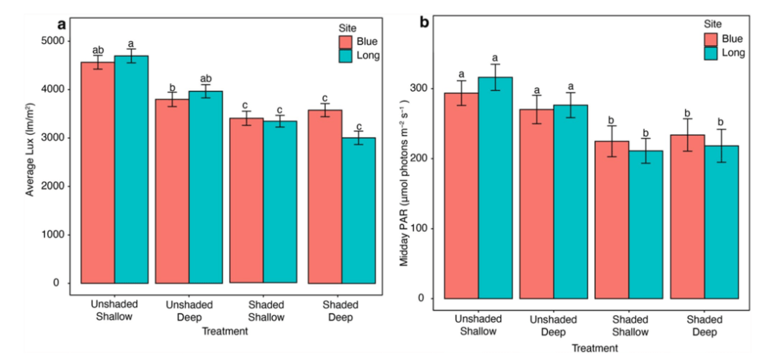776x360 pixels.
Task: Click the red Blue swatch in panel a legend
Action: pos(347,41)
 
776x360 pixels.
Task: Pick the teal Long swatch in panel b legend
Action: pos(712,53)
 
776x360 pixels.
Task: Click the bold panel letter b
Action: pos(424,23)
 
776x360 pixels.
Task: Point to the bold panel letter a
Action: pos(61,23)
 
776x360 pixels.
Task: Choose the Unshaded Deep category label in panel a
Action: pos(190,311)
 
